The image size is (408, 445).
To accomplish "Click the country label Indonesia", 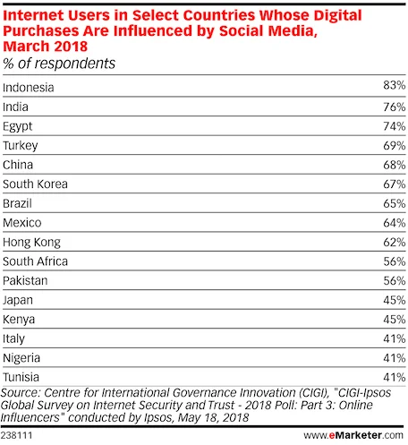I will (x=29, y=88).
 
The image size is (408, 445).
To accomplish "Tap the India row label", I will (x=17, y=107).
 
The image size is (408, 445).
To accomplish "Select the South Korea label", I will (x=36, y=184).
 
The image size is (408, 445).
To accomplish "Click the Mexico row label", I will (x=22, y=223).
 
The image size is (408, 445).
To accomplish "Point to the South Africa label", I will (x=36, y=261).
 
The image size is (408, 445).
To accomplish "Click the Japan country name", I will (x=20, y=300).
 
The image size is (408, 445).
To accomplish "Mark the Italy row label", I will (x=15, y=338).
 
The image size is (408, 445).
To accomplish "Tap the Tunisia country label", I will (x=22, y=377).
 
